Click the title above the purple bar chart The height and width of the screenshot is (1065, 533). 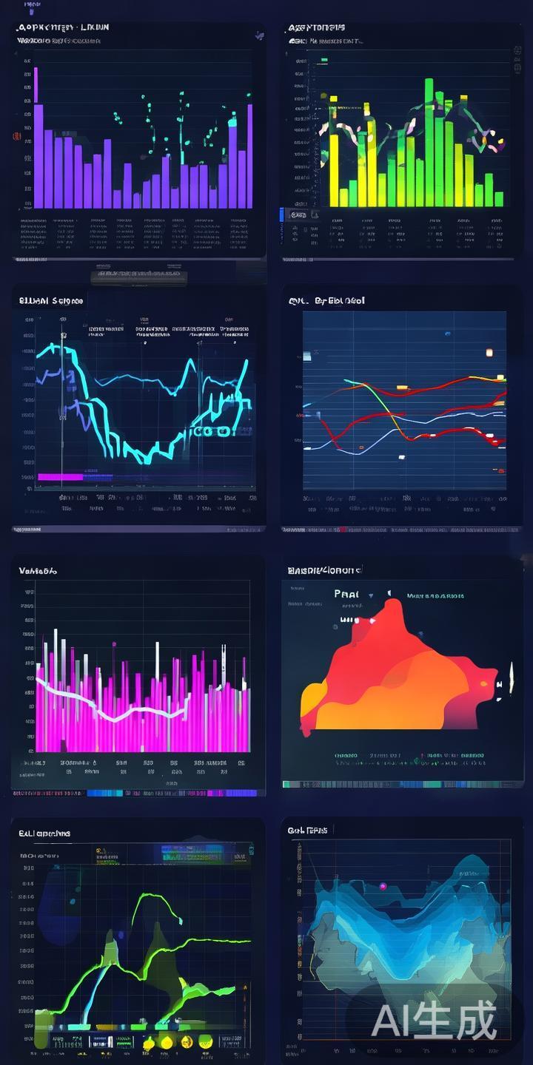(62, 27)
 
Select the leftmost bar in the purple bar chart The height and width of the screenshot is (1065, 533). (38, 155)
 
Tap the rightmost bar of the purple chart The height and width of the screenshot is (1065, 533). (249, 155)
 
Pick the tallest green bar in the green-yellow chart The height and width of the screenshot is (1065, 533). (429, 141)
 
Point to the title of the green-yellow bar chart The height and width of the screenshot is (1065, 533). (316, 27)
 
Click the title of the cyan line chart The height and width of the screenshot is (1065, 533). (51, 300)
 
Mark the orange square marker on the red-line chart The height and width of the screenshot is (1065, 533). (489, 352)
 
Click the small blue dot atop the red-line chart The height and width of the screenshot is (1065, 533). (447, 334)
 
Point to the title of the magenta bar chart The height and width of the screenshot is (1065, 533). (38, 571)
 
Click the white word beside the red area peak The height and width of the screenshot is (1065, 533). (346, 593)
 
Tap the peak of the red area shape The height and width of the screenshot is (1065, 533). (393, 603)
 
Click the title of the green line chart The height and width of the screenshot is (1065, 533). (44, 834)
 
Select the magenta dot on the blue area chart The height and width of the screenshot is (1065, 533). (383, 885)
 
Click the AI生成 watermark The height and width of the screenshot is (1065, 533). (434, 1022)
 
